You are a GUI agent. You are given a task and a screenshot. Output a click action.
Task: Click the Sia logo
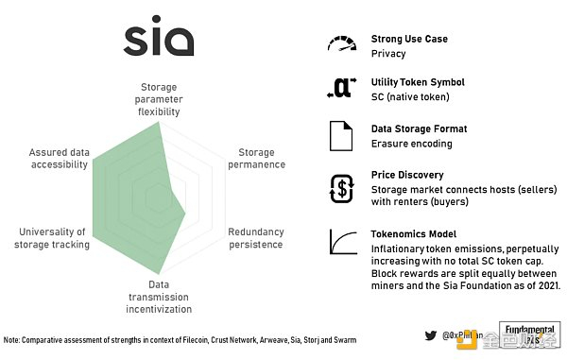(159, 41)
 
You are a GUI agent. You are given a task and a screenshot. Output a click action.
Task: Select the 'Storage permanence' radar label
(255, 158)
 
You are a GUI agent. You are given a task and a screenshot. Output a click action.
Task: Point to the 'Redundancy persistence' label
(255, 238)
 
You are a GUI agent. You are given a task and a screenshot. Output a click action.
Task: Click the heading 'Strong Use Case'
(410, 40)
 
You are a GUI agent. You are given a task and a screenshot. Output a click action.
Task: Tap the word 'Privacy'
(388, 54)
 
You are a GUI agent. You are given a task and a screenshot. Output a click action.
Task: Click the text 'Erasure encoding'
(412, 144)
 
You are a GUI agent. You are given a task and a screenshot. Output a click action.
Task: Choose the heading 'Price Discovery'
(408, 175)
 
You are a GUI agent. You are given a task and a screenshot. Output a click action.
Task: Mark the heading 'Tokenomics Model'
(414, 233)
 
